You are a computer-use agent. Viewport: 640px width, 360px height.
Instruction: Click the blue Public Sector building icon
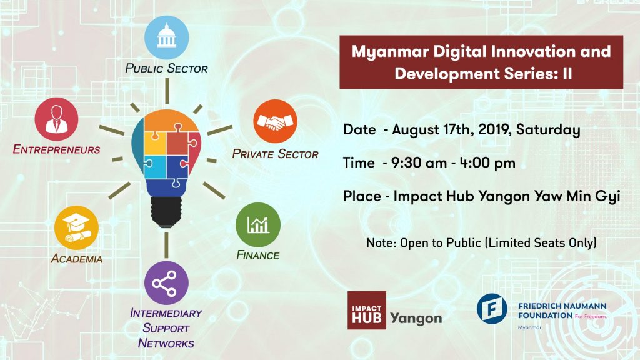pos(166,37)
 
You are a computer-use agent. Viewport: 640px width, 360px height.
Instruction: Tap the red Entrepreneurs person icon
pos(57,119)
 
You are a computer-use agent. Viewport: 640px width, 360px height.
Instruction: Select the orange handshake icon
pos(275,121)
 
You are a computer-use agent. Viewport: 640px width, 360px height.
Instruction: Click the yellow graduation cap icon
pos(77,229)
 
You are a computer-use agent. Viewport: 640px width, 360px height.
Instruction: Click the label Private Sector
pos(276,154)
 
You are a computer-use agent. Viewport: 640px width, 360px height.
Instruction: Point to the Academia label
pos(77,259)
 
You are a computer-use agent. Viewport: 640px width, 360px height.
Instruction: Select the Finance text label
pos(257,255)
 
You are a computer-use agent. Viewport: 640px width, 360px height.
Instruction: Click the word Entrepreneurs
pos(57,150)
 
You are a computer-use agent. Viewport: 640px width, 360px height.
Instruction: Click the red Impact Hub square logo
pos(366,310)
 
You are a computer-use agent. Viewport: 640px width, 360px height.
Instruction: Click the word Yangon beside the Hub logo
pos(416,318)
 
